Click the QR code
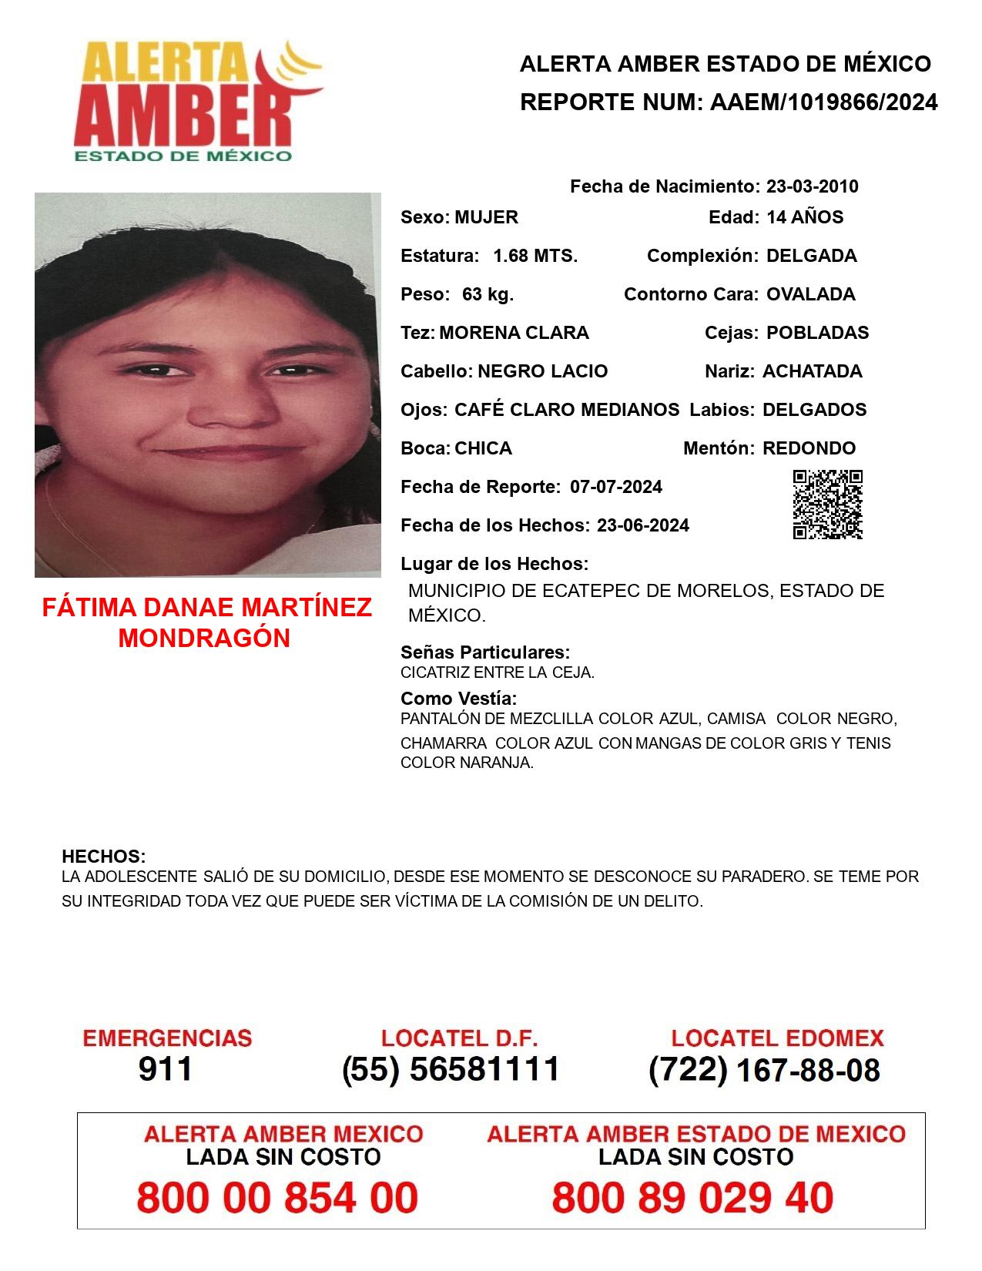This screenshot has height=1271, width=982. [x=827, y=505]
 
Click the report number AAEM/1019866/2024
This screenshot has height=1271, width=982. [x=823, y=102]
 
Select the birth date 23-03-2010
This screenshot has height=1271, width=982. [x=812, y=186]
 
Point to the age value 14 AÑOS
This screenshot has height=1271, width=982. [x=804, y=217]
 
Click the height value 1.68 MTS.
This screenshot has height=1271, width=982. [x=535, y=256]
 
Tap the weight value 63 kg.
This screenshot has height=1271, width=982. [x=488, y=294]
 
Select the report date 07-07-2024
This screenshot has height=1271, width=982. [x=615, y=487]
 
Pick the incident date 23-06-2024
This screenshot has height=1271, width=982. [x=642, y=525]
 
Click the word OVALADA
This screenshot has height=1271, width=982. [x=810, y=294]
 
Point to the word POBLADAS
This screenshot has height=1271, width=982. [x=817, y=333]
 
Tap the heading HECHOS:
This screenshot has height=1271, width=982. [x=103, y=857]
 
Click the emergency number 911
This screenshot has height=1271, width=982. [x=166, y=1069]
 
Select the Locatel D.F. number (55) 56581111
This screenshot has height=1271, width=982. [x=451, y=1069]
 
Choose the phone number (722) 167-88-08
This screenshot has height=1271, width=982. [x=764, y=1070]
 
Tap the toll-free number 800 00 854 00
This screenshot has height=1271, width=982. [x=277, y=1198]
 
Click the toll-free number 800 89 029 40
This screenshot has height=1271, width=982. [x=692, y=1198]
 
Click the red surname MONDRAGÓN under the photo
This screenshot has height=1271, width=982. [x=204, y=639]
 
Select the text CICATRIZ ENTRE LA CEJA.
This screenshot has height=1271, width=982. [x=497, y=672]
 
